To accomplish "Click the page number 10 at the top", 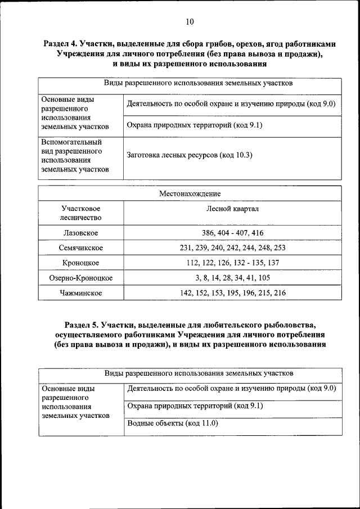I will (x=189, y=22).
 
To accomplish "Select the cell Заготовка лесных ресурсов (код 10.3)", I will (x=190, y=155).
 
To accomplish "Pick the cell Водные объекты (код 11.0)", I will (x=173, y=424).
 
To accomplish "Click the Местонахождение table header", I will (x=190, y=193).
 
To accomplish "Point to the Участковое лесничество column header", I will (x=80, y=213).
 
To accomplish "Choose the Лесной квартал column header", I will (x=232, y=209).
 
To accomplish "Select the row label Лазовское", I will (x=80, y=233).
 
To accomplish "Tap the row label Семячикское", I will (x=80, y=247).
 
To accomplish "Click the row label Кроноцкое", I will (x=80, y=263).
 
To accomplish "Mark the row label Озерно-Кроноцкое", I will (x=80, y=278).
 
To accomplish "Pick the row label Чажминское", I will (x=80, y=293).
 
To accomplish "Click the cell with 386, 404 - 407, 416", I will (x=232, y=233).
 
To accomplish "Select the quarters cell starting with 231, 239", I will (x=232, y=247).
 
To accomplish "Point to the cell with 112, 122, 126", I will (x=232, y=263).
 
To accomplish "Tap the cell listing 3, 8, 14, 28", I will (x=232, y=278).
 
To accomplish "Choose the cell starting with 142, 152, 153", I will (x=232, y=293).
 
